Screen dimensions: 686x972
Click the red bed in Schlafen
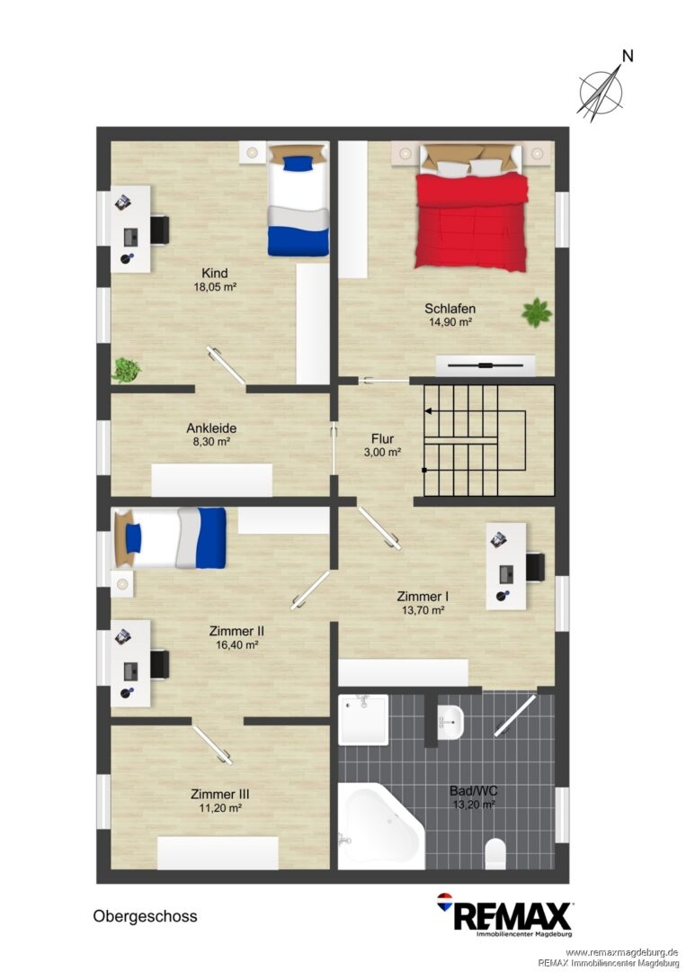[472, 208]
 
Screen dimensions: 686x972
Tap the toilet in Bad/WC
[495, 854]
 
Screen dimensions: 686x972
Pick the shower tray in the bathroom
[363, 720]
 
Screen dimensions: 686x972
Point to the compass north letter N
[628, 57]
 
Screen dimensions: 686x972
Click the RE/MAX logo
[505, 915]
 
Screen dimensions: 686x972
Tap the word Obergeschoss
[145, 916]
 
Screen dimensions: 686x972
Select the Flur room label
[383, 439]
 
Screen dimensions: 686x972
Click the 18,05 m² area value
[215, 287]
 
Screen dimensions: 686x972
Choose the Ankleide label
[211, 427]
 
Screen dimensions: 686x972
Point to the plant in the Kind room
[126, 370]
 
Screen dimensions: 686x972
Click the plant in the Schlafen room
[536, 312]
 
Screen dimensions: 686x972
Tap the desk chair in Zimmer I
[535, 567]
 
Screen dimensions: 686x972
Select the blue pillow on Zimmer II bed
[133, 538]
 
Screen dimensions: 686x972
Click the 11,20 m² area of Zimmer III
[219, 807]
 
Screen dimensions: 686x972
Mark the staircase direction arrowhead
[427, 410]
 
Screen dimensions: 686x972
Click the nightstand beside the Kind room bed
[253, 152]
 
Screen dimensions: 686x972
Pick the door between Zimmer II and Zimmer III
[212, 744]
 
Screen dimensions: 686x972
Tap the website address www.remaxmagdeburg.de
[621, 952]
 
